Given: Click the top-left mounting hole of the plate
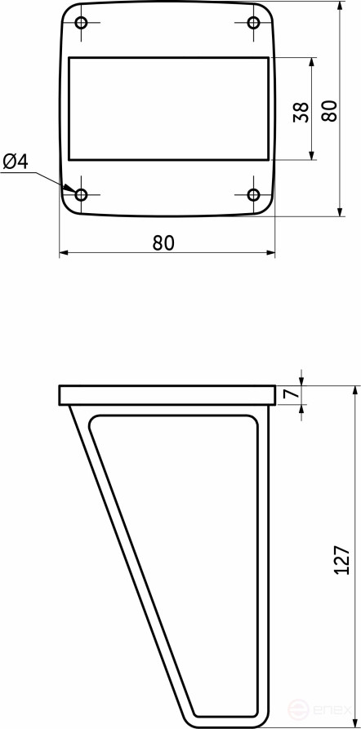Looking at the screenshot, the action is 82,22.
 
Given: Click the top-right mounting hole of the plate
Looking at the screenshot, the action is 253,22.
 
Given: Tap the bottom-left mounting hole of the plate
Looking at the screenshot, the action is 82,194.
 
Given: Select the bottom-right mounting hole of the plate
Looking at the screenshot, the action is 253,194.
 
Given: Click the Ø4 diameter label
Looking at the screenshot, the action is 16,162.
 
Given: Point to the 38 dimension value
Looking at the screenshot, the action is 301,112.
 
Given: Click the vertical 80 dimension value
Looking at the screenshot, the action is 329,111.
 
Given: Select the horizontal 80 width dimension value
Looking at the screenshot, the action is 163,242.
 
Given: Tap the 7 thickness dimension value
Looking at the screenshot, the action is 291,394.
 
